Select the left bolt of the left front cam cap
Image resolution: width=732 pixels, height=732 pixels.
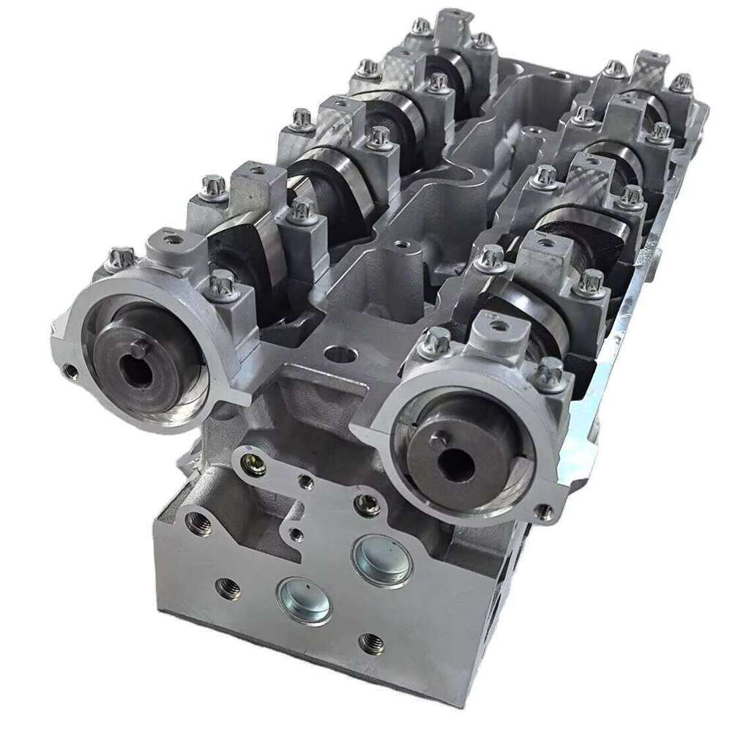[122, 258]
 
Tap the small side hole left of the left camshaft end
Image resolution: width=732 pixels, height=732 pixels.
[70, 372]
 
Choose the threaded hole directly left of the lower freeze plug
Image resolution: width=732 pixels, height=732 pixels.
[228, 587]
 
